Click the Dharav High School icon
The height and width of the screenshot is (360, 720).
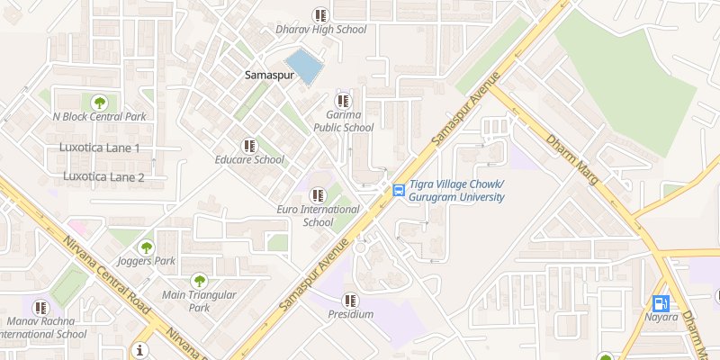pos(320,14)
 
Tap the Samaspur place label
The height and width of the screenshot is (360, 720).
pos(269,76)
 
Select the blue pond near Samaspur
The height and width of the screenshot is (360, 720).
pos(309,67)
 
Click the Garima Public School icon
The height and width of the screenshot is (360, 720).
pos(343,100)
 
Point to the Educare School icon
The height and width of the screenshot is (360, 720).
pos(249,145)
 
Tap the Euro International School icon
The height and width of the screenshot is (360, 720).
pos(318,194)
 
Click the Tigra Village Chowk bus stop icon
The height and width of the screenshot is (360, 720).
pos(398,190)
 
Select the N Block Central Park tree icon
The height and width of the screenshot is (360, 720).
pos(99,102)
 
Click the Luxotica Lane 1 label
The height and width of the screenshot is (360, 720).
pos(99,148)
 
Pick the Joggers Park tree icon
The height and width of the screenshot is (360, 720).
pos(145,247)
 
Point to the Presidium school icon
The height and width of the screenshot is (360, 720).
pos(350,300)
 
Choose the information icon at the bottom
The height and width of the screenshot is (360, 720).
pos(139,350)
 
